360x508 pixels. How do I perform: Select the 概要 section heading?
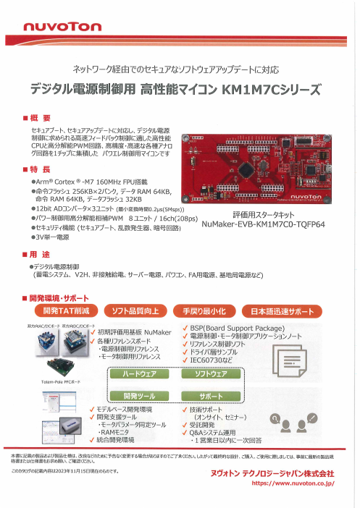pyautogui.click(x=41, y=118)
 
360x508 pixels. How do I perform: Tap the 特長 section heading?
pyautogui.click(x=41, y=169)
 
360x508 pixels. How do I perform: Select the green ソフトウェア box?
pyautogui.click(x=217, y=375)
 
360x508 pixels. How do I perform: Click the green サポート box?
pyautogui.click(x=217, y=397)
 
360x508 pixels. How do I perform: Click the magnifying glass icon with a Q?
pyautogui.click(x=276, y=418)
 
